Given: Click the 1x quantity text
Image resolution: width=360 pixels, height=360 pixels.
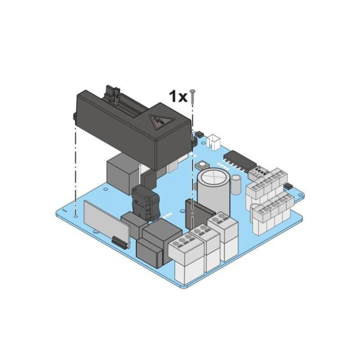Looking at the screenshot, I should point(178,96).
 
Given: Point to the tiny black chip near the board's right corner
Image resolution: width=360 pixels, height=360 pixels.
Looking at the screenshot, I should point(286,185).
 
